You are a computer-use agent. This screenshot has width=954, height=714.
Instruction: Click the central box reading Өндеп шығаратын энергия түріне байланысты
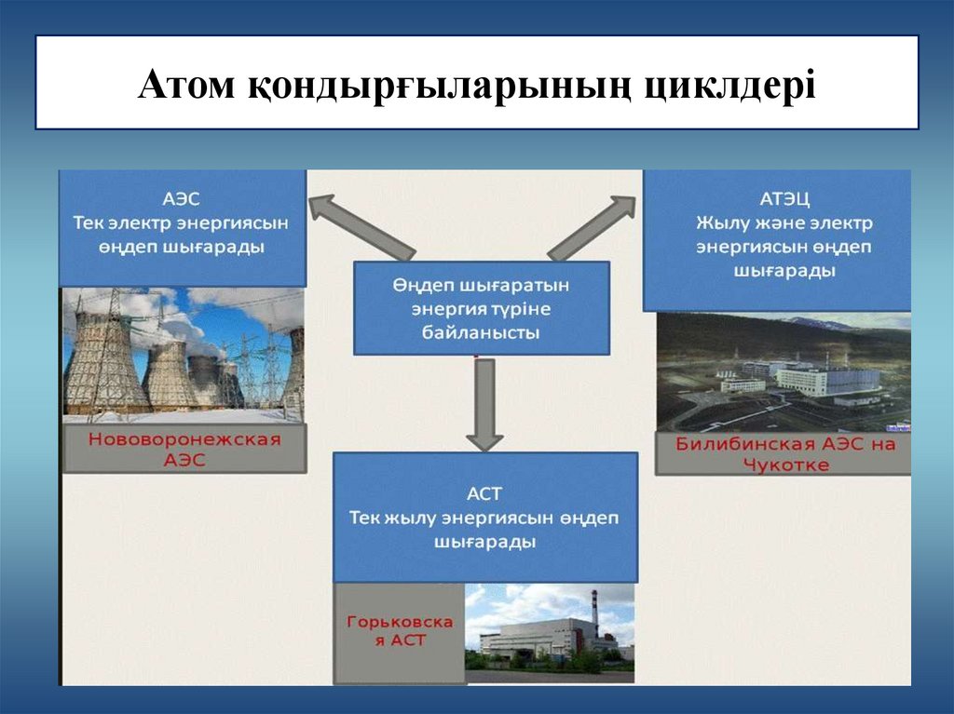pyautogui.click(x=481, y=307)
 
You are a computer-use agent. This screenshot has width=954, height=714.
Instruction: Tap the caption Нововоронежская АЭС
pyautogui.click(x=183, y=449)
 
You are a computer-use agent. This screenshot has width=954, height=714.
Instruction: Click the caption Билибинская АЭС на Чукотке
pyautogui.click(x=786, y=453)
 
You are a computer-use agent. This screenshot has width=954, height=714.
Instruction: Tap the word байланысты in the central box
pyautogui.click(x=481, y=331)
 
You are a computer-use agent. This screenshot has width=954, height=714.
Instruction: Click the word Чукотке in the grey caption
pyautogui.click(x=786, y=465)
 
